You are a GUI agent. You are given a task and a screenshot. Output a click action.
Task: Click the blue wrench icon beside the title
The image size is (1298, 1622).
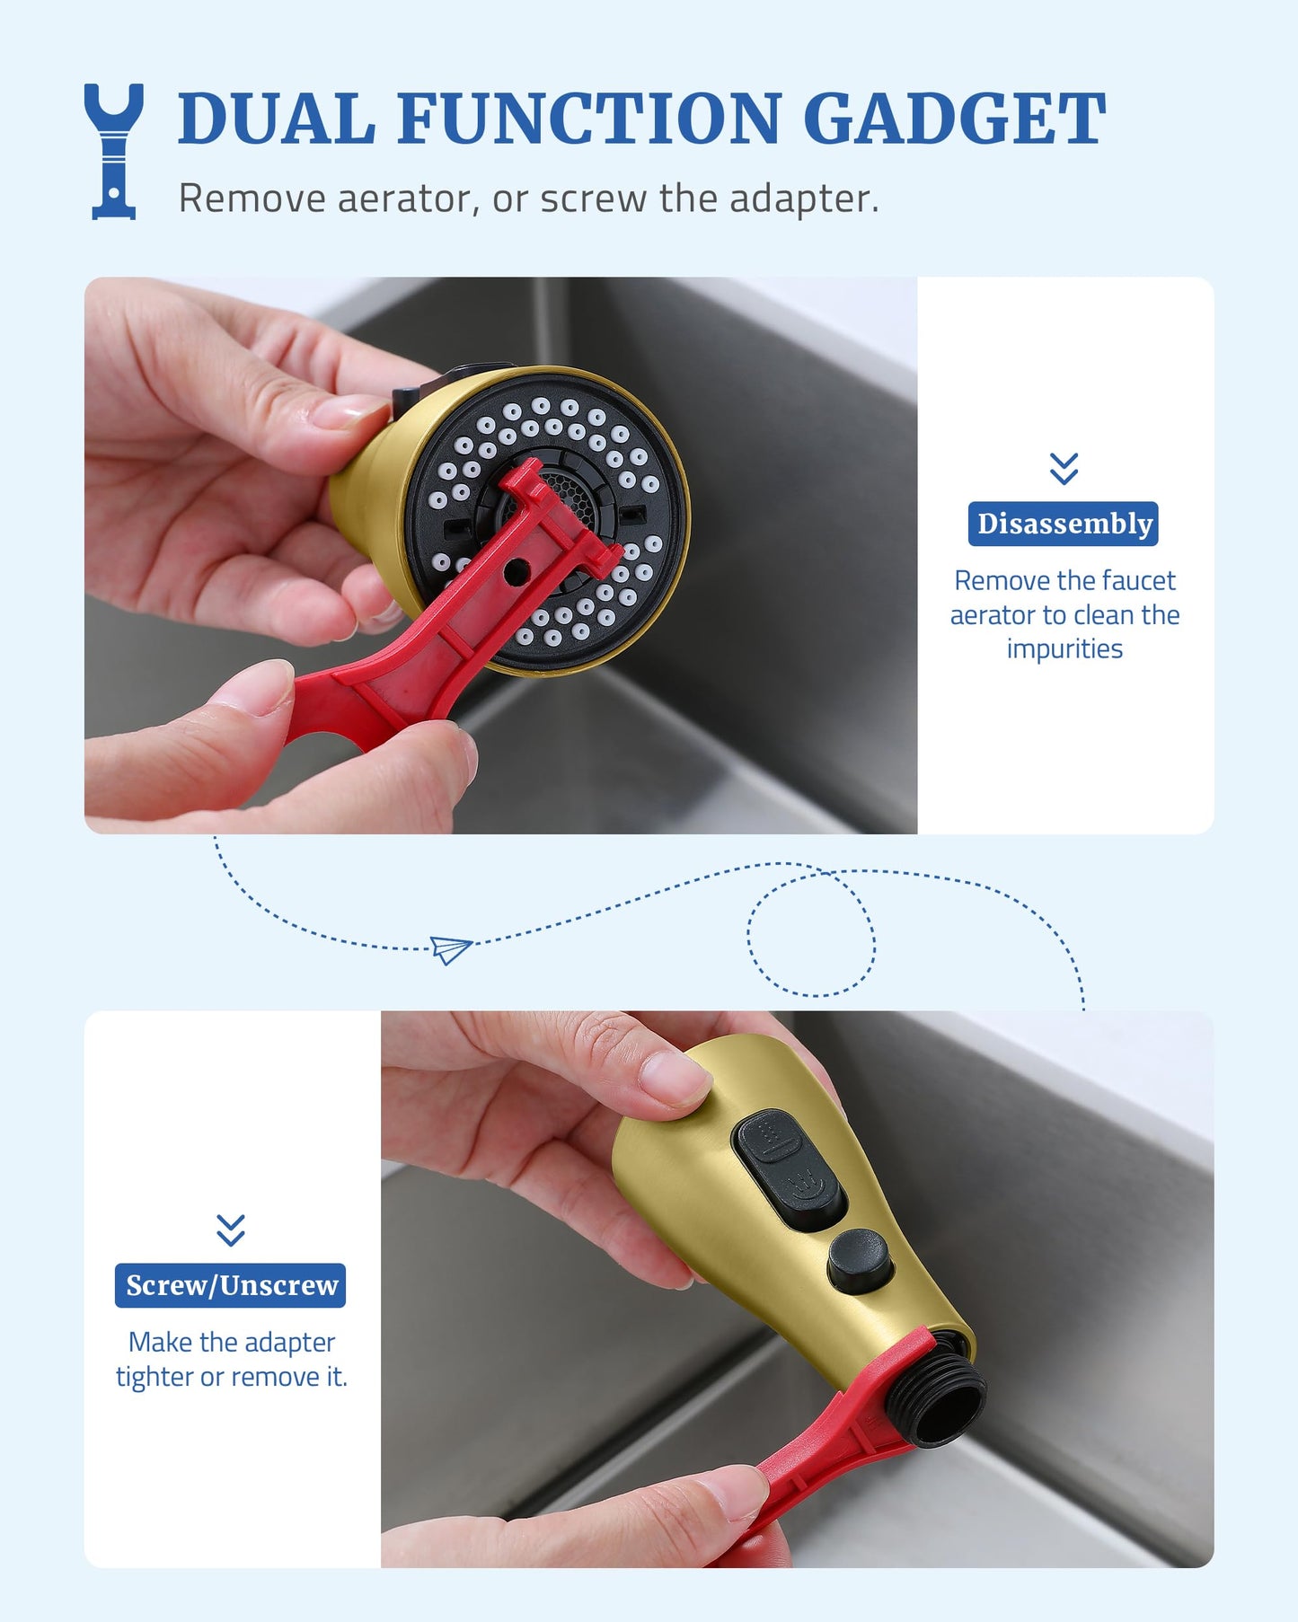pyautogui.click(x=113, y=151)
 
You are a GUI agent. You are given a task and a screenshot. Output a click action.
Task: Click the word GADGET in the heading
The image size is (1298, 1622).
pyautogui.click(x=954, y=119)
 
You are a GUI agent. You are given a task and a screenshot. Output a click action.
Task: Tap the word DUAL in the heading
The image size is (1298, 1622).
pyautogui.click(x=277, y=119)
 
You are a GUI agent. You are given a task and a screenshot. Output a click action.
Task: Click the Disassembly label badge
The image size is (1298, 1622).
pyautogui.click(x=1064, y=524)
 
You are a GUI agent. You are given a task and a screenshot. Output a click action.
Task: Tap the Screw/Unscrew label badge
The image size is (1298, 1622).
pyautogui.click(x=231, y=1285)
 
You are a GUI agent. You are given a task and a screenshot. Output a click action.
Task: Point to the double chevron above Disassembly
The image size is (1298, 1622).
pyautogui.click(x=1064, y=468)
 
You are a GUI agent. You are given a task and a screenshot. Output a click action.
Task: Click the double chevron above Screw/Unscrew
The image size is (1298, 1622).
pyautogui.click(x=231, y=1230)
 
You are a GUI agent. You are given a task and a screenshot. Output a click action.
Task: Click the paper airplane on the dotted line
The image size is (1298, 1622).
pyautogui.click(x=451, y=948)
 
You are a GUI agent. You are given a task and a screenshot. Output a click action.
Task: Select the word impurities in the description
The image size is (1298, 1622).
pyautogui.click(x=1064, y=648)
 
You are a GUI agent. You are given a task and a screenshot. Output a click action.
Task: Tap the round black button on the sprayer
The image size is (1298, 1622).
pyautogui.click(x=860, y=1261)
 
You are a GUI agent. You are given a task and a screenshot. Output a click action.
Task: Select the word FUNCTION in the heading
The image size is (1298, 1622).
pyautogui.click(x=589, y=119)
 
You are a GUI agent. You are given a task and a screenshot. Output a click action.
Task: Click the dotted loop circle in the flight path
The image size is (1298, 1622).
pyautogui.click(x=811, y=930)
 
